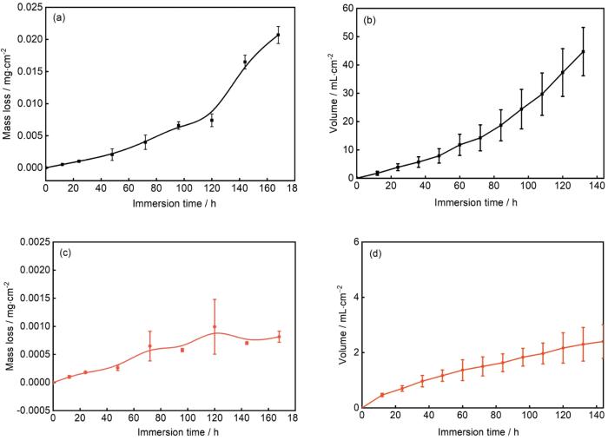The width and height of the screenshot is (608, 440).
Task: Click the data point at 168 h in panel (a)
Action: coord(278,35)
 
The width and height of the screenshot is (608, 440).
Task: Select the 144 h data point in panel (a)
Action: coord(245,62)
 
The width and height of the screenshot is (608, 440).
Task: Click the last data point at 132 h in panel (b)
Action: coord(583,51)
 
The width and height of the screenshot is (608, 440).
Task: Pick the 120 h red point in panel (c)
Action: coord(215,327)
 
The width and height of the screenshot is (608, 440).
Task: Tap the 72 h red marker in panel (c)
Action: coord(149,346)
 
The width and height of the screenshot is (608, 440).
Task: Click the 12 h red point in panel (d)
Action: coord(382,395)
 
